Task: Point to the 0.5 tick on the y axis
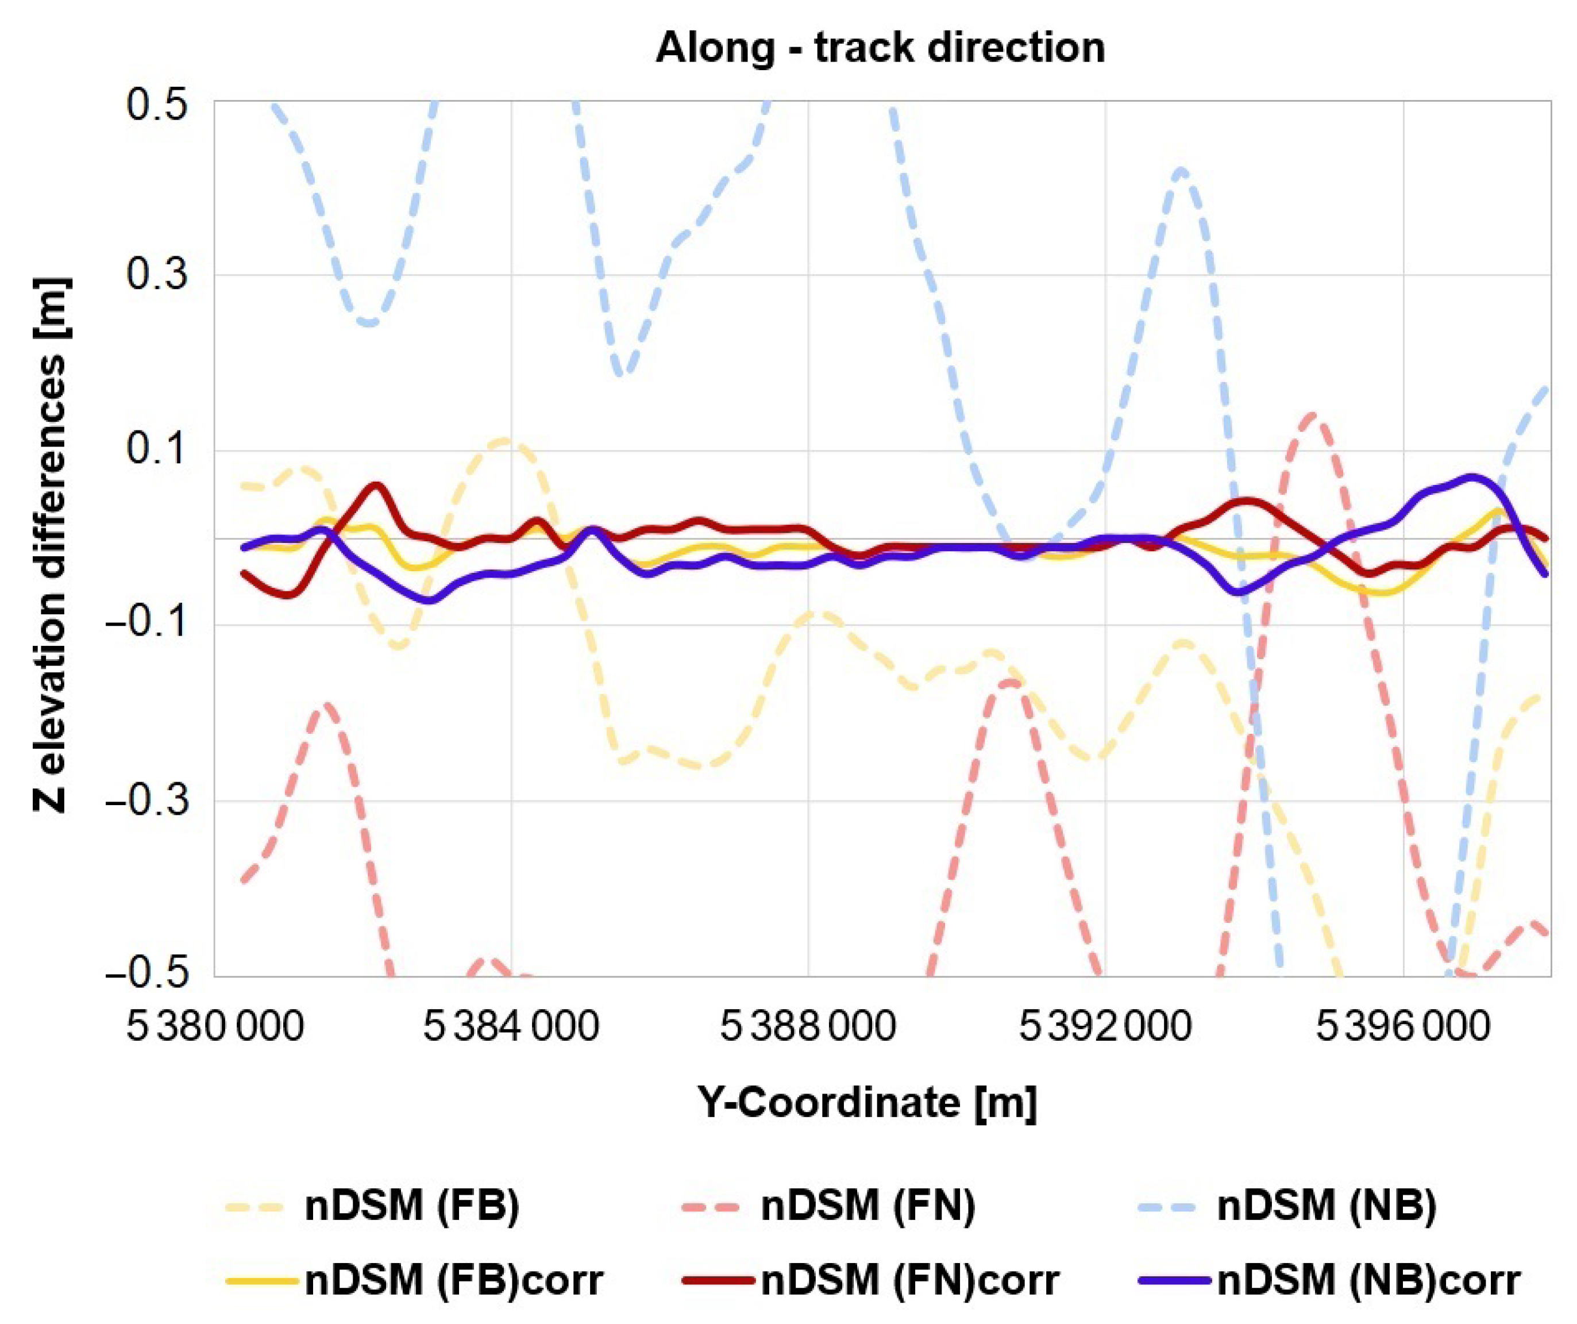pos(156,102)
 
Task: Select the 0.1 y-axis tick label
pos(156,451)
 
